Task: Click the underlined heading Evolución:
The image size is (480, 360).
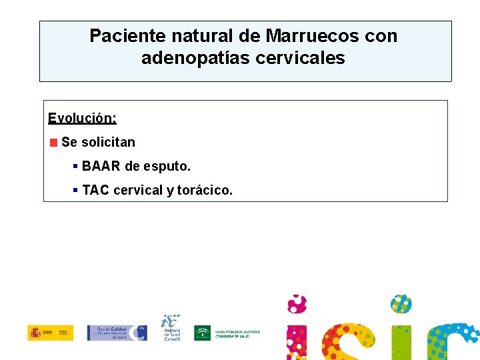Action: (82, 119)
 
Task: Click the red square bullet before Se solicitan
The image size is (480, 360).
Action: (53, 142)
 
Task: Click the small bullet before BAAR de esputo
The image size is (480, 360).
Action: (76, 166)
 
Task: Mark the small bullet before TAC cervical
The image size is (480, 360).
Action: (76, 191)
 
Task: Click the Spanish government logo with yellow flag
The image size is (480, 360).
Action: (51, 333)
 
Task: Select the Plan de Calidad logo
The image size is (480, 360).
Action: (117, 333)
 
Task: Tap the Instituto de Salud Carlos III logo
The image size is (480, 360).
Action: (172, 328)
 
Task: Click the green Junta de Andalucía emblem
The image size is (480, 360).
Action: (202, 333)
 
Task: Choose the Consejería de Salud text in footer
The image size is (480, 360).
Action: (237, 333)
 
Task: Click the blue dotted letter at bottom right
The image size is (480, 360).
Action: (453, 341)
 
